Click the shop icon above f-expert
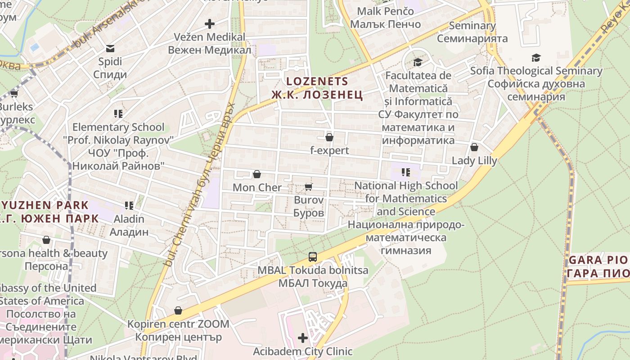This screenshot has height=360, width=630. (329, 137)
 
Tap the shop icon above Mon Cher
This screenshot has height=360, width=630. (257, 174)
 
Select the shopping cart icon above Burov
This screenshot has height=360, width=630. (308, 187)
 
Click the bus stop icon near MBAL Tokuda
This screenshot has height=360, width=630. (313, 257)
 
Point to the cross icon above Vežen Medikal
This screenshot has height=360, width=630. (210, 24)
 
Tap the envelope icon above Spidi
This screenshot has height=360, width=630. (110, 48)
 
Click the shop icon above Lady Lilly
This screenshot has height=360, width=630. (474, 147)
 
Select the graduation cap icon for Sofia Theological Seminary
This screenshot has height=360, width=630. (535, 58)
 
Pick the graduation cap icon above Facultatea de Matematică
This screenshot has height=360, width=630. (418, 62)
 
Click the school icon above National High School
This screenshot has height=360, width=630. (406, 172)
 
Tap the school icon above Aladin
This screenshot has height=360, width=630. (130, 206)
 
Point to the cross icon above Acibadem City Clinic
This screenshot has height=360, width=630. (303, 337)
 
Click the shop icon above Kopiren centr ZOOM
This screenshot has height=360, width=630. (178, 310)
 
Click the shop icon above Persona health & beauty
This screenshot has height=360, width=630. (46, 240)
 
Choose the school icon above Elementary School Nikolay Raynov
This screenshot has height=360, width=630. (118, 114)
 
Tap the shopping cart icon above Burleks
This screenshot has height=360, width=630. (14, 94)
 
